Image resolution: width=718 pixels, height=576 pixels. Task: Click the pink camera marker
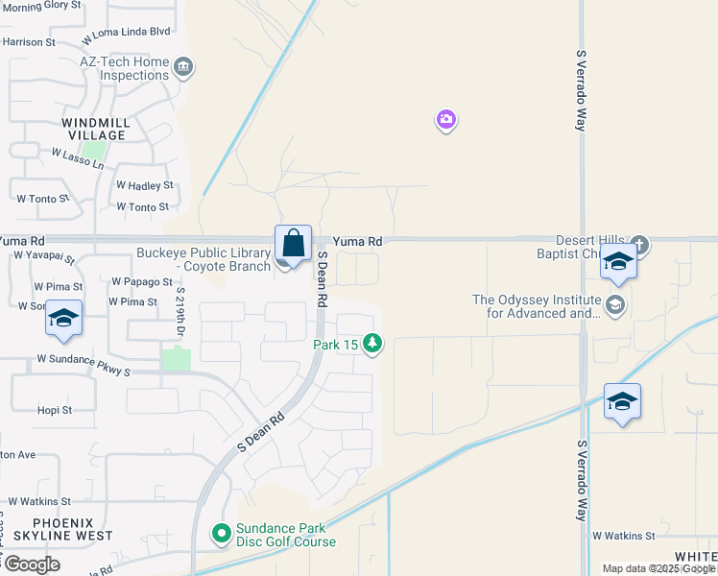(445, 120)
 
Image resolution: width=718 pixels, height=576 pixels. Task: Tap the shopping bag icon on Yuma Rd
(293, 243)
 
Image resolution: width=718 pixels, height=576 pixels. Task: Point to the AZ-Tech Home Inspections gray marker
(184, 67)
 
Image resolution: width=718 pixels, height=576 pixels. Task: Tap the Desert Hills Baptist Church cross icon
(639, 245)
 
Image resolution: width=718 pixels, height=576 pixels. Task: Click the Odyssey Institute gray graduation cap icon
(615, 305)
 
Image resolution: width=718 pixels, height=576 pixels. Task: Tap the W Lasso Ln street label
(77, 158)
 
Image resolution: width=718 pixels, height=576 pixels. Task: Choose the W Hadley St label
(144, 184)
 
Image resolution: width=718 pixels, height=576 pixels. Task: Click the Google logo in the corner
(31, 564)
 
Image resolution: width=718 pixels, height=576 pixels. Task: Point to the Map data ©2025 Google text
(658, 568)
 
